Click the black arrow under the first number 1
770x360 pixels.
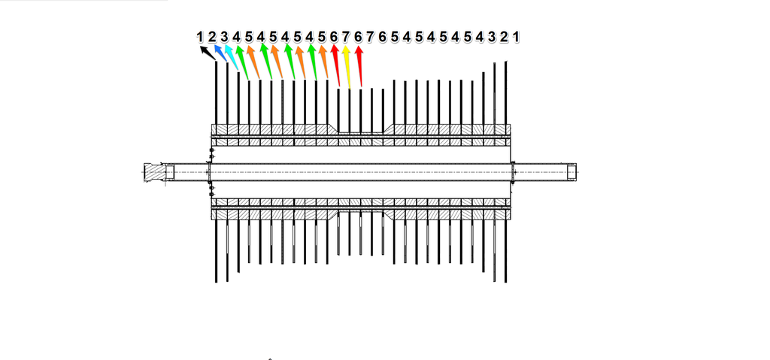(205, 51)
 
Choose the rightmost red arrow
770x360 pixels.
(359, 65)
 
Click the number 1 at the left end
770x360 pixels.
(200, 36)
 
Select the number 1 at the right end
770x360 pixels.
(517, 36)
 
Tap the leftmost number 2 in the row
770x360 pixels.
(212, 36)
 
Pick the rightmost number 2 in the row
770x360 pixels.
(505, 36)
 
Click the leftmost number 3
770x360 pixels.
(224, 36)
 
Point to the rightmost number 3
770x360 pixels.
(493, 36)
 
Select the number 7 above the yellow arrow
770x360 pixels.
(346, 36)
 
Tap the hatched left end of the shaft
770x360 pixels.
(155, 172)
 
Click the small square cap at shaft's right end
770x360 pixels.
(573, 172)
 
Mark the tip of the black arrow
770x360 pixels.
(201, 47)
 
